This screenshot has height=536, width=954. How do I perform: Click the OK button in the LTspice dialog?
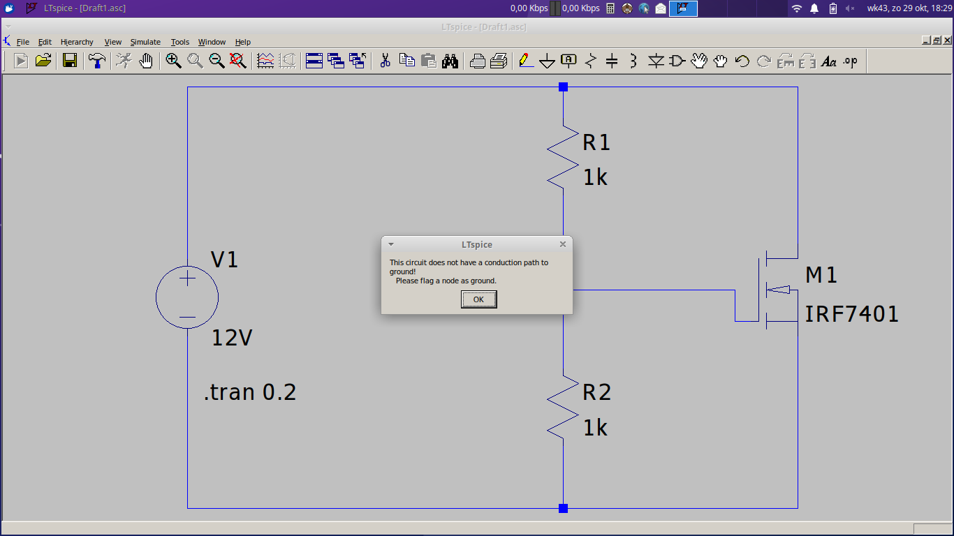pyautogui.click(x=478, y=299)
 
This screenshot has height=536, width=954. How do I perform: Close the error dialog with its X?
pyautogui.click(x=563, y=244)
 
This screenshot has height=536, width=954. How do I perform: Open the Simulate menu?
pyautogui.click(x=145, y=42)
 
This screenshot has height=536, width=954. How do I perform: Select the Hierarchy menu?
pyautogui.click(x=77, y=42)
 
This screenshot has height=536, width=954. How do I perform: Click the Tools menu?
pyautogui.click(x=179, y=42)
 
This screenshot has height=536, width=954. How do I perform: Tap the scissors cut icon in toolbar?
pyautogui.click(x=385, y=61)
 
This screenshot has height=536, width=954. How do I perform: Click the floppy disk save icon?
pyautogui.click(x=69, y=61)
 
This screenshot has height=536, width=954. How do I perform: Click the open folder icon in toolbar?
pyautogui.click(x=43, y=61)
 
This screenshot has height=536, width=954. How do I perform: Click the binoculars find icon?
pyautogui.click(x=450, y=61)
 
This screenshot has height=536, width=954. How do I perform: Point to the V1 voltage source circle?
pyautogui.click(x=156, y=297)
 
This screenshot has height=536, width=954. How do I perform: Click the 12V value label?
pyautogui.click(x=232, y=338)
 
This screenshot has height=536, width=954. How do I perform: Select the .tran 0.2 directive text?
pyautogui.click(x=250, y=392)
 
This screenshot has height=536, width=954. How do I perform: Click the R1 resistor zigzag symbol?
pyautogui.click(x=563, y=157)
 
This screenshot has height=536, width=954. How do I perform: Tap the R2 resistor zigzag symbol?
pyautogui.click(x=563, y=408)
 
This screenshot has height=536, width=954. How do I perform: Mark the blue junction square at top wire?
pyautogui.click(x=563, y=87)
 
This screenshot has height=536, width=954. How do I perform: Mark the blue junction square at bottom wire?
pyautogui.click(x=563, y=508)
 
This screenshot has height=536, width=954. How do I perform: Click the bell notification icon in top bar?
pyautogui.click(x=814, y=8)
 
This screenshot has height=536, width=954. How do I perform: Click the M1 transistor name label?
pyautogui.click(x=821, y=275)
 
